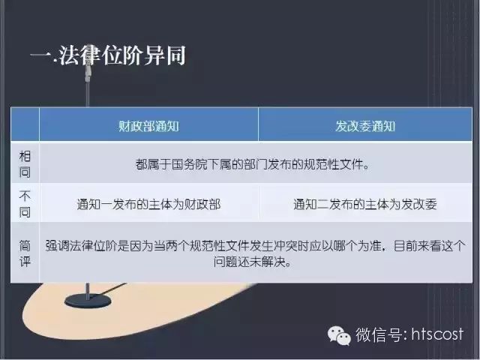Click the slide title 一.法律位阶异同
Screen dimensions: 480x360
point(108,55)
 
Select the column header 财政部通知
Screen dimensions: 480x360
point(148,126)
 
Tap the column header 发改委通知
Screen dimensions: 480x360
point(365,126)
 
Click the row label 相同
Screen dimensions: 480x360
point(25,164)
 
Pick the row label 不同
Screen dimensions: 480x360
point(25,203)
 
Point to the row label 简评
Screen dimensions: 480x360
point(25,253)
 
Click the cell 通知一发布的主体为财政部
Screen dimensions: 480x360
point(148,204)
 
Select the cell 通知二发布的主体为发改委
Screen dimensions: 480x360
point(365,204)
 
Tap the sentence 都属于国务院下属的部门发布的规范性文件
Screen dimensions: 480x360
point(252,164)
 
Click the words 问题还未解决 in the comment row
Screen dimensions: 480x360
point(249,262)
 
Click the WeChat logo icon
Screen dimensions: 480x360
point(339,335)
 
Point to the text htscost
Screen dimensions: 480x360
point(437,334)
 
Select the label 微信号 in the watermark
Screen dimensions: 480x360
point(379,334)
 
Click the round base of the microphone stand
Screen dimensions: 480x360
point(88,301)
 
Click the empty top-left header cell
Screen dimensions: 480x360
point(25,124)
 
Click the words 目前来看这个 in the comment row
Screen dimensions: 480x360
point(429,246)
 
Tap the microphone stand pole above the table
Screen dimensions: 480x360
point(88,94)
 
